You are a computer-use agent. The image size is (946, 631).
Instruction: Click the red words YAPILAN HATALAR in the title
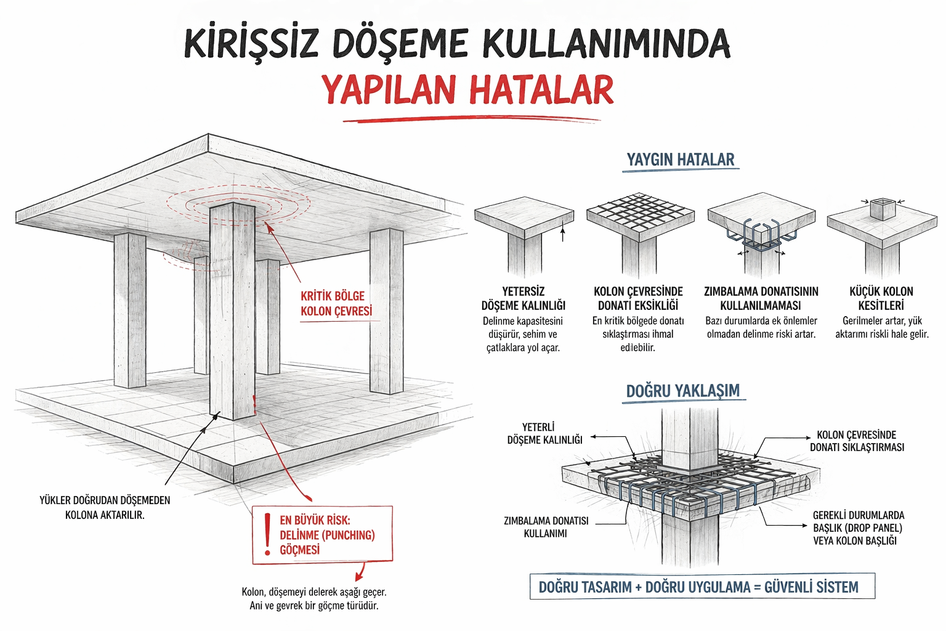[x=467, y=90]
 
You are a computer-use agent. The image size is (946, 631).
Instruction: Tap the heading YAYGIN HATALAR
[x=680, y=160]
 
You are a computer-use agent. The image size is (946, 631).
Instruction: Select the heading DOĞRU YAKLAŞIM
[x=682, y=391]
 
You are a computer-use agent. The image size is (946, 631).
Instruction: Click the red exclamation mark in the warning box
[x=267, y=534]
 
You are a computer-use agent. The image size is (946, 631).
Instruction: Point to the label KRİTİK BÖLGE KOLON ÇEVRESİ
[x=336, y=304]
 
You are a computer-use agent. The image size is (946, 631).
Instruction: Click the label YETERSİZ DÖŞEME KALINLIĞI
[x=523, y=298]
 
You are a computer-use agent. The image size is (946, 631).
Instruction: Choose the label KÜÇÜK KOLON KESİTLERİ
[x=881, y=298]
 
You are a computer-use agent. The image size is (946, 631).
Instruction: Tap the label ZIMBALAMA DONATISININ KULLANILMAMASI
[x=761, y=298]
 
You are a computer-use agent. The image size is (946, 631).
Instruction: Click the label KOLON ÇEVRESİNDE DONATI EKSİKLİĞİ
[x=638, y=298]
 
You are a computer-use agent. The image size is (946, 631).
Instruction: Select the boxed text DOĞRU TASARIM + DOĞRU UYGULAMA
[x=698, y=587]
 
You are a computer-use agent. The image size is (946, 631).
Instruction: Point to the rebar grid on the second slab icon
[x=640, y=213]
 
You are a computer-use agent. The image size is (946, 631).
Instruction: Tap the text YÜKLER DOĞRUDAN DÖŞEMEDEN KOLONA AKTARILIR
[x=105, y=507]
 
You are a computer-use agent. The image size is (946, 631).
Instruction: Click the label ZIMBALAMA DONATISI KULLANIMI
[x=546, y=527]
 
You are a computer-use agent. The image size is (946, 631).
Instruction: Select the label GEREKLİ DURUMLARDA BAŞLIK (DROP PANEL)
[x=858, y=527]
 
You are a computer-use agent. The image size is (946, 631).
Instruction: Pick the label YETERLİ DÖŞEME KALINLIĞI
[x=544, y=433]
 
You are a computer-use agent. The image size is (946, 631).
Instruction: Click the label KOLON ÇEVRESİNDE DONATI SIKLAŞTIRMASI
[x=857, y=441]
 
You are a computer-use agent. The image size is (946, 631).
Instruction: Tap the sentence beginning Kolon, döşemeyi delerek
[x=313, y=598]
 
